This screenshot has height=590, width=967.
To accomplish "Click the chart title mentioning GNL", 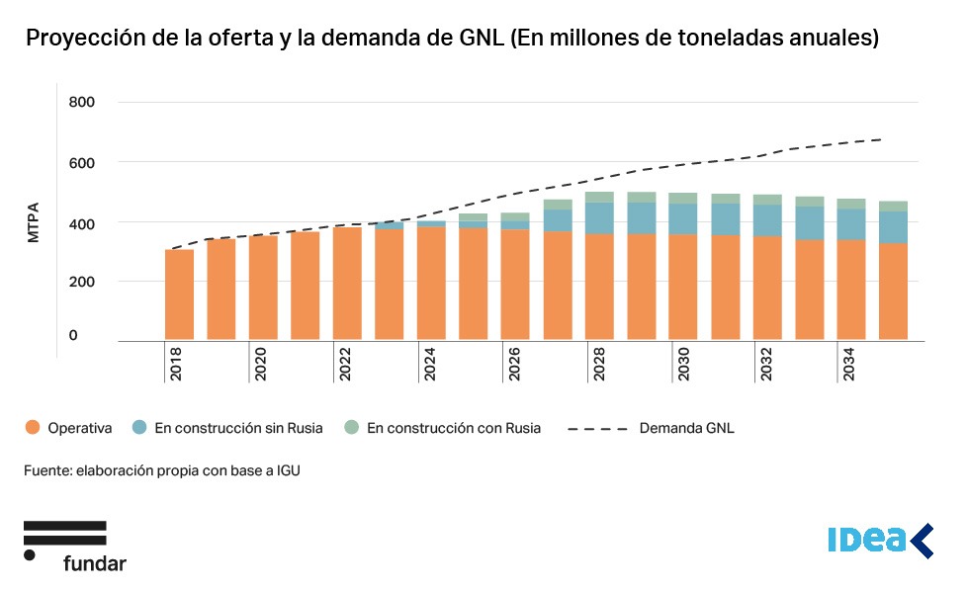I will pyautogui.click(x=452, y=39).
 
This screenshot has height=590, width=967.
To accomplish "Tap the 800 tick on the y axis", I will pyautogui.click(x=81, y=102).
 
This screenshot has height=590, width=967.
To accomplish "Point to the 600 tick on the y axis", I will pyautogui.click(x=81, y=162).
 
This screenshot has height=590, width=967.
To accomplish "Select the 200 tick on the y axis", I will pyautogui.click(x=81, y=282).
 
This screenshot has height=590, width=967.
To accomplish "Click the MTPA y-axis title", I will pyautogui.click(x=33, y=223).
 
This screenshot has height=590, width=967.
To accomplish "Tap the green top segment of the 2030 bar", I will pyautogui.click(x=683, y=198).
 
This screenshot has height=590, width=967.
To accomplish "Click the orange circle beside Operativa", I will pyautogui.click(x=33, y=428).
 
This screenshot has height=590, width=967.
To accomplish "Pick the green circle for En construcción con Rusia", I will pyautogui.click(x=351, y=428).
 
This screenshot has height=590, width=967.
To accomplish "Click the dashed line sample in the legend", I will pyautogui.click(x=598, y=429).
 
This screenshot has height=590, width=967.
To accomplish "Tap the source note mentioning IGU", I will pyautogui.click(x=161, y=471).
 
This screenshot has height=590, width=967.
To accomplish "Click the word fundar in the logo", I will pyautogui.click(x=94, y=563).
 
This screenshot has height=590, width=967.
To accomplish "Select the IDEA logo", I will pyautogui.click(x=879, y=540).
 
